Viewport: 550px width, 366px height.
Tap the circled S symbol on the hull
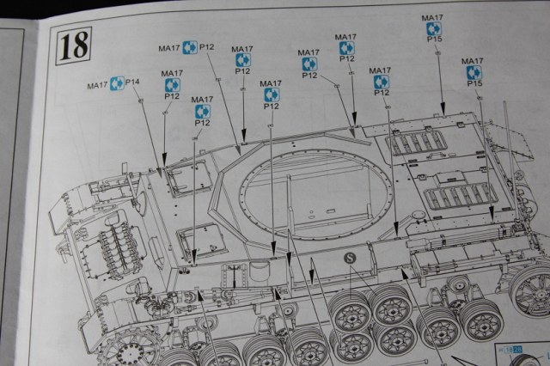coord(349,258)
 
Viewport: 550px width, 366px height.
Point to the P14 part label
coord(133,82)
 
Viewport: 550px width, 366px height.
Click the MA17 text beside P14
coord(97,85)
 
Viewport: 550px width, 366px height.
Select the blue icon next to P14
coord(117,84)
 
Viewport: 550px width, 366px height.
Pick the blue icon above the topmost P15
coord(433,28)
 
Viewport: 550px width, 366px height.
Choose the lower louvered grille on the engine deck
coord(460,199)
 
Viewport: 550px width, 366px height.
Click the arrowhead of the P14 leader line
coord(162,173)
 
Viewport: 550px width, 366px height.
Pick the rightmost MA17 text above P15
coord(472,61)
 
